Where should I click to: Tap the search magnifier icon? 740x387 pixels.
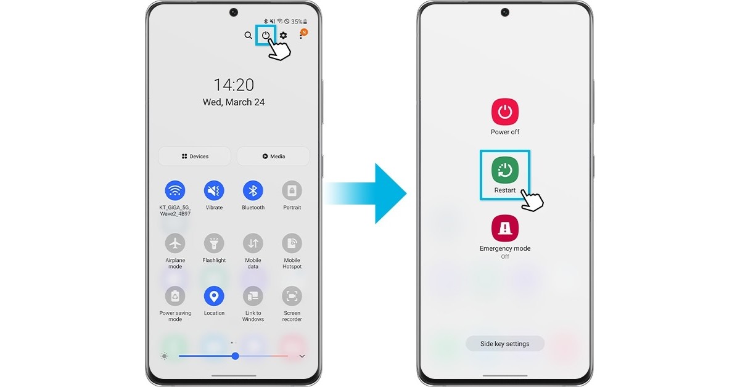click(248, 35)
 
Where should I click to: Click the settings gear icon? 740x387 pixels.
click(283, 35)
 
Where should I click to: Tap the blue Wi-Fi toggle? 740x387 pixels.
click(175, 190)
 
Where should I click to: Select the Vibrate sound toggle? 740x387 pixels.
click(214, 190)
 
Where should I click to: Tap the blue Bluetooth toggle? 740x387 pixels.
click(253, 190)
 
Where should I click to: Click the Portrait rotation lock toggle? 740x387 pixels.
click(292, 190)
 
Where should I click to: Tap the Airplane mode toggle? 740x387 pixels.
click(175, 243)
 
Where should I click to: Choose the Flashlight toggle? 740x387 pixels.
click(214, 243)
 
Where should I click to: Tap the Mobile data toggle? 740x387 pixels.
click(253, 243)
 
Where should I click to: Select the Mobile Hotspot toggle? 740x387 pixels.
click(292, 243)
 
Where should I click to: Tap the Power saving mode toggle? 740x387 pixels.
click(175, 296)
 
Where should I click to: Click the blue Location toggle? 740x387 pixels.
click(214, 296)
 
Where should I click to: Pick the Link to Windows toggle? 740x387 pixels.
click(253, 296)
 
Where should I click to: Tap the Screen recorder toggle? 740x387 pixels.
click(292, 296)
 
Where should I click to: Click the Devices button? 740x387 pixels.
click(195, 156)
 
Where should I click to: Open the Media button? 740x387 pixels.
click(273, 156)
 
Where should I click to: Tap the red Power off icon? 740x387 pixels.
click(505, 112)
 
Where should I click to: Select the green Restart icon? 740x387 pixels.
click(505, 170)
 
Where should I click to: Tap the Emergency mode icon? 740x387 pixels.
click(505, 228)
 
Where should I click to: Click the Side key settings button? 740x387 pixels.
click(505, 344)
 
